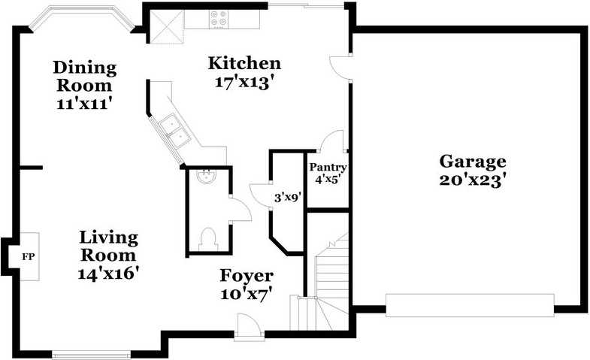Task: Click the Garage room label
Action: click(472, 161)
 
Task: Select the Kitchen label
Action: click(244, 63)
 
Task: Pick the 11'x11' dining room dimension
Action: click(84, 104)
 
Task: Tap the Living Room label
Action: click(109, 247)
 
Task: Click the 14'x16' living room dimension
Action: click(109, 274)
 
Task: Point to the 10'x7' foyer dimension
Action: click(246, 295)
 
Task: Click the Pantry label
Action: click(328, 168)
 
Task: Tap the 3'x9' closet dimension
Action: click(287, 198)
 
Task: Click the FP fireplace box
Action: click(28, 257)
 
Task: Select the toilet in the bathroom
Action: click(208, 237)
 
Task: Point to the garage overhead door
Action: click(469, 304)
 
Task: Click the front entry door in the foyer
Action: click(247, 328)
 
